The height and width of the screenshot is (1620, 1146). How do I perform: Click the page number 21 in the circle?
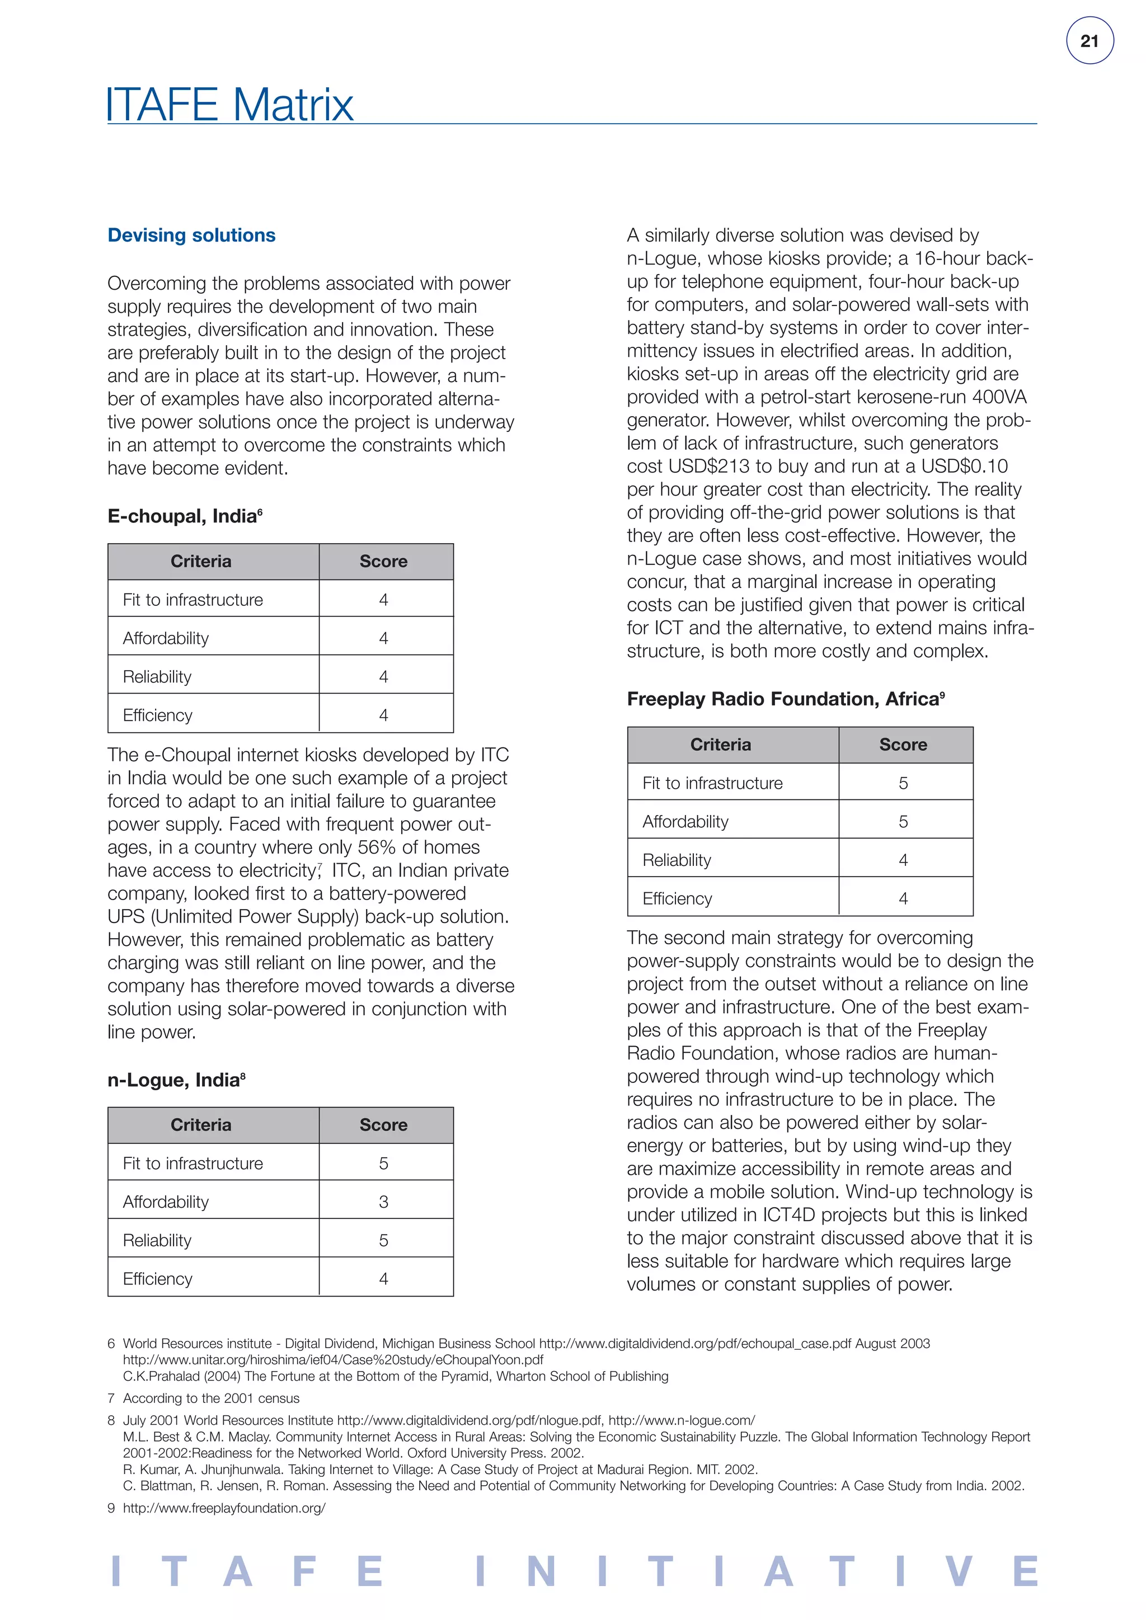point(1089,41)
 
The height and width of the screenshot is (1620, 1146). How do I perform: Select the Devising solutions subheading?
point(191,235)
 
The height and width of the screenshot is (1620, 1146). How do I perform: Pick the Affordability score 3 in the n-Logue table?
point(383,1202)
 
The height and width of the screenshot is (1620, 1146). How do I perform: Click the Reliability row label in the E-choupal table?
point(157,677)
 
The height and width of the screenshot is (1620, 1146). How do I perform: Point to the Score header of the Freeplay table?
point(903,745)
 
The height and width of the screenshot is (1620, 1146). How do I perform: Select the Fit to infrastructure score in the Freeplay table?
point(903,783)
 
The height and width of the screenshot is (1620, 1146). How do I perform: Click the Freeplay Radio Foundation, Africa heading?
point(785,699)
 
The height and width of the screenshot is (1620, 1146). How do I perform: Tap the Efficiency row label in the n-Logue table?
point(157,1279)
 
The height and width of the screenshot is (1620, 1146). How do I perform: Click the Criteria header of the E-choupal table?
point(200,561)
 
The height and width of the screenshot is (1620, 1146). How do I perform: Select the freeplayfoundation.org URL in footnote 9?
point(224,1508)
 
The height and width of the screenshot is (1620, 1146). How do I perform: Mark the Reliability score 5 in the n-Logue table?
point(383,1240)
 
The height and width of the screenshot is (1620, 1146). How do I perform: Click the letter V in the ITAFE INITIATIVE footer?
point(960,1571)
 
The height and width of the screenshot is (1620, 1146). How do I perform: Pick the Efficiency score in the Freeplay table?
point(903,898)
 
